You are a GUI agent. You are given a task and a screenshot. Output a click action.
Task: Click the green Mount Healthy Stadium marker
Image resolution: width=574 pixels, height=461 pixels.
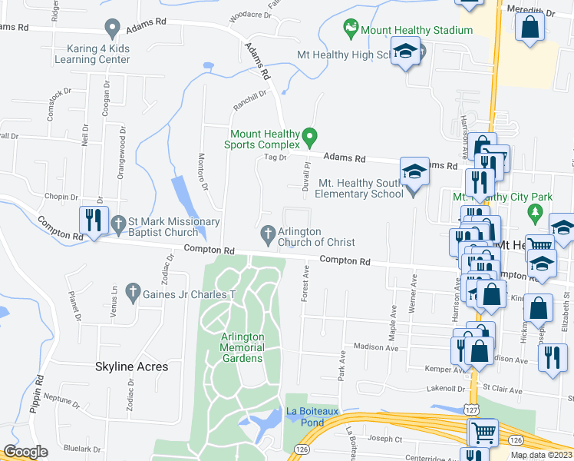point(351,30)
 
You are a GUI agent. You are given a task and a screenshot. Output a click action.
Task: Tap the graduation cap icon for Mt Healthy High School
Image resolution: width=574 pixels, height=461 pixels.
point(404,52)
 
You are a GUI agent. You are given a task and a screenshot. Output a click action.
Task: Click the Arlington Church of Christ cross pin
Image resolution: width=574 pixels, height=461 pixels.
point(269,233)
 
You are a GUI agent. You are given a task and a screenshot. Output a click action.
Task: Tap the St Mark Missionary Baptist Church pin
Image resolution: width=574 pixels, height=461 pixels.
point(118,224)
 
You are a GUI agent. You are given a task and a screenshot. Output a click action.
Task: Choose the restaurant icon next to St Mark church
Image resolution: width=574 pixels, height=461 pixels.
point(94,221)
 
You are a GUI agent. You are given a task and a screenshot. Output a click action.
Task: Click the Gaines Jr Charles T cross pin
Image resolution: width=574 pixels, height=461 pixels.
point(133,292)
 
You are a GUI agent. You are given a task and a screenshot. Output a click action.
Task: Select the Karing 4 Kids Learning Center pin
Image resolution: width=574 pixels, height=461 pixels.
point(113,29)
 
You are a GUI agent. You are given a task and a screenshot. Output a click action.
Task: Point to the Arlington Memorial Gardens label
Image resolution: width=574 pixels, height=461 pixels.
point(242,347)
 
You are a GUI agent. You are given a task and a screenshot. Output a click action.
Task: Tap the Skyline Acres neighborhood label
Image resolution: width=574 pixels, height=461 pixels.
point(131,366)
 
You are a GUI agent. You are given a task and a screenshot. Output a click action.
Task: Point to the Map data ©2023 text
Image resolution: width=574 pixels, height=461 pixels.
point(541,455)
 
